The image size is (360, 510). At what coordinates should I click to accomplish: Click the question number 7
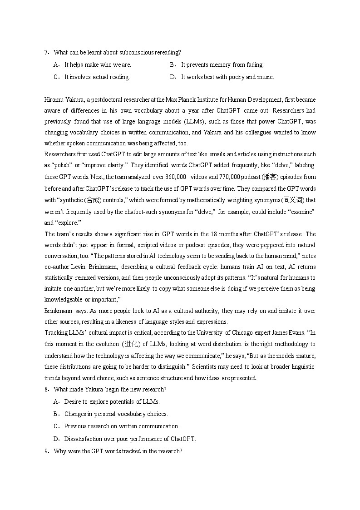47,53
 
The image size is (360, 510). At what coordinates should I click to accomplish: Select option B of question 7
172,65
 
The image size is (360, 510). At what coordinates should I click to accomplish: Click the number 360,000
174,177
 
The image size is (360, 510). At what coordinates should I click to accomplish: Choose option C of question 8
57,426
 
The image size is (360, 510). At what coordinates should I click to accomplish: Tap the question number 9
47,451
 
